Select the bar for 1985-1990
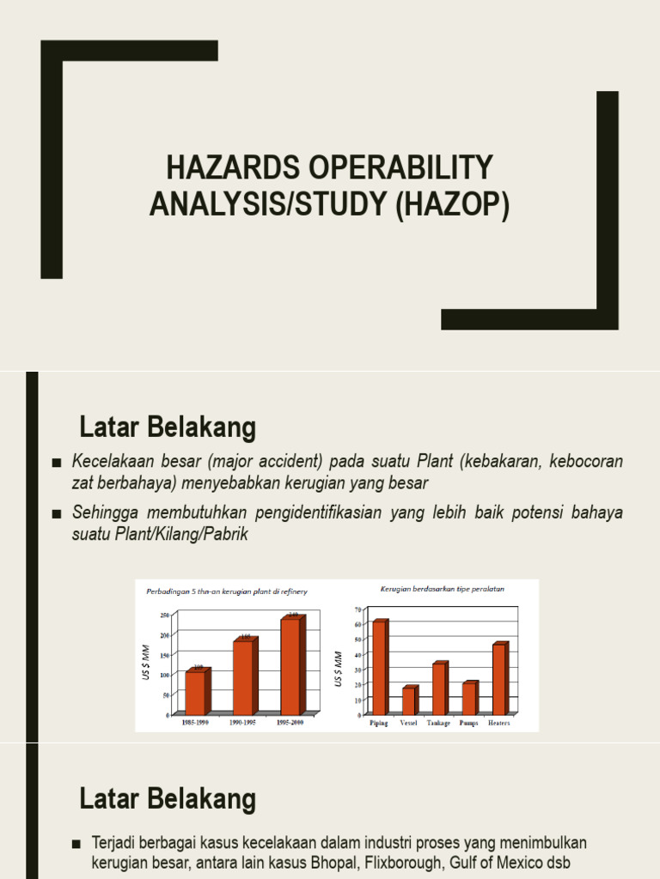(x=196, y=692)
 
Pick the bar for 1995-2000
(x=291, y=665)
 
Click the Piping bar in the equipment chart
(x=379, y=667)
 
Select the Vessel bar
(x=409, y=700)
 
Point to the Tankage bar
(x=439, y=688)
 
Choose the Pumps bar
(x=469, y=698)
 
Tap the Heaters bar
(x=499, y=679)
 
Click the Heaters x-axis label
(x=498, y=724)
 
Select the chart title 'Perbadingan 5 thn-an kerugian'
(x=227, y=591)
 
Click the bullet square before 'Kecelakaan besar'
(x=57, y=464)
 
